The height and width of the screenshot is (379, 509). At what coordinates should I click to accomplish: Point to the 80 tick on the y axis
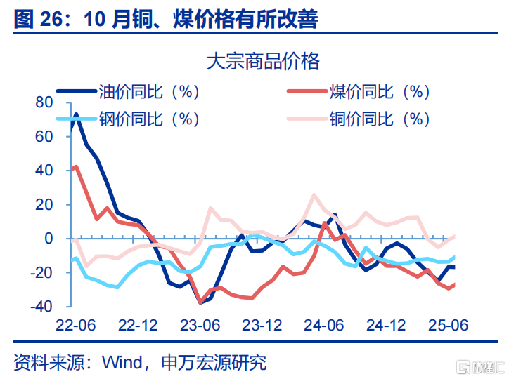click(x=44, y=102)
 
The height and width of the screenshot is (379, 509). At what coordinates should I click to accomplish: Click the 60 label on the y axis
click(x=44, y=136)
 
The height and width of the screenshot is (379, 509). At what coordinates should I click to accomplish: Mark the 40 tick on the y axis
click(x=44, y=171)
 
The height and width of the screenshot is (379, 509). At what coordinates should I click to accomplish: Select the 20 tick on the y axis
click(x=44, y=204)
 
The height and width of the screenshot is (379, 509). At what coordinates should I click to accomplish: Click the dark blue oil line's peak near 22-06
click(x=76, y=114)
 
